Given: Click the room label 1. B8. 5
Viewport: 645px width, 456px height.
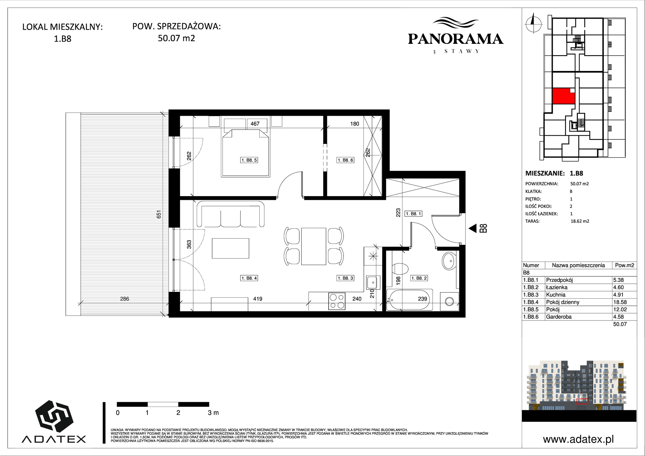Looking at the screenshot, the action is coord(249,160).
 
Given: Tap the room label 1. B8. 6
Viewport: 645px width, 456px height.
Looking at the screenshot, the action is coord(345,160).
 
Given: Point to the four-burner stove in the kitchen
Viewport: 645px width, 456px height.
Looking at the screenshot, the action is coord(336,301).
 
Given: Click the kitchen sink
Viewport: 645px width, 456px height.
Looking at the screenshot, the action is coord(372,283).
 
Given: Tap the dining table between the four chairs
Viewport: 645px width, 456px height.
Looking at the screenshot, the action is coord(313,246).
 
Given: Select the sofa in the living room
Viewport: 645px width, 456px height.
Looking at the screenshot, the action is coord(231,214).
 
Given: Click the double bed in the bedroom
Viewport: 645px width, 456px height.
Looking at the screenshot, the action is coord(245,153).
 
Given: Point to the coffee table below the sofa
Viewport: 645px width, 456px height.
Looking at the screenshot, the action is coord(231,248).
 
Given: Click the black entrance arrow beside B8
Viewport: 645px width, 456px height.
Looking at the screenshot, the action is coord(472,229).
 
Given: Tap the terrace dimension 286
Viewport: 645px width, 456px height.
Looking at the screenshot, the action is coord(124,299).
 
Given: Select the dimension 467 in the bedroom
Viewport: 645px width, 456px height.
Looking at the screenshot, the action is coord(255,124).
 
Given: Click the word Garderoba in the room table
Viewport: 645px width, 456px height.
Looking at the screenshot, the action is coord(559,317).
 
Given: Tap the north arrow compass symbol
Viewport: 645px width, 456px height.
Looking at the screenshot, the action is coord(533,23).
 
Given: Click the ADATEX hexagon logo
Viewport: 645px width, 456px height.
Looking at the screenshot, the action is coord(54,417).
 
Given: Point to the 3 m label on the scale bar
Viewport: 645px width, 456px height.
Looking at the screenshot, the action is coord(213,413).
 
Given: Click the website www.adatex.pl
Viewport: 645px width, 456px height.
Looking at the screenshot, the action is coord(578,439).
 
